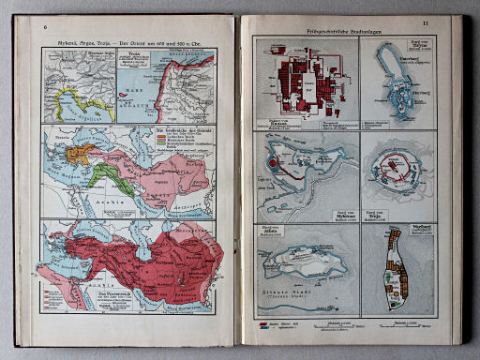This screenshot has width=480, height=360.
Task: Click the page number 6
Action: pyautogui.click(x=45, y=26)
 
